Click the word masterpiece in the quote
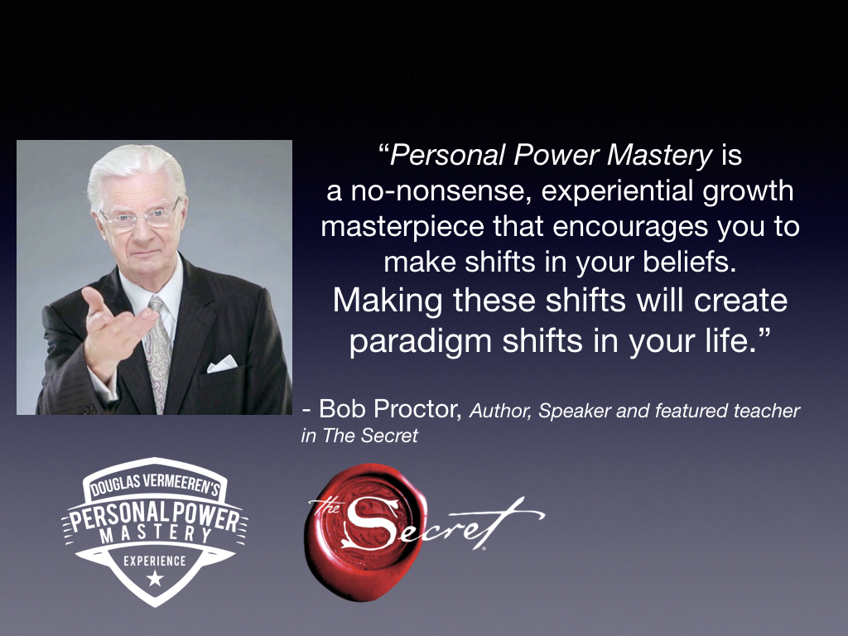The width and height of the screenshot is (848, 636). (402, 227)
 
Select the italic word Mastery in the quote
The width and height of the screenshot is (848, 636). (660, 156)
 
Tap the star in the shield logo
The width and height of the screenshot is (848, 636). (155, 578)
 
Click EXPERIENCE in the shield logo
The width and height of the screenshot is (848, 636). (155, 561)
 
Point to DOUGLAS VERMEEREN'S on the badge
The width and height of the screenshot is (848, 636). (155, 484)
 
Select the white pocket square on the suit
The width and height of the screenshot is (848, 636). (222, 364)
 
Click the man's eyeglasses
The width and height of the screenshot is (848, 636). (140, 218)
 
